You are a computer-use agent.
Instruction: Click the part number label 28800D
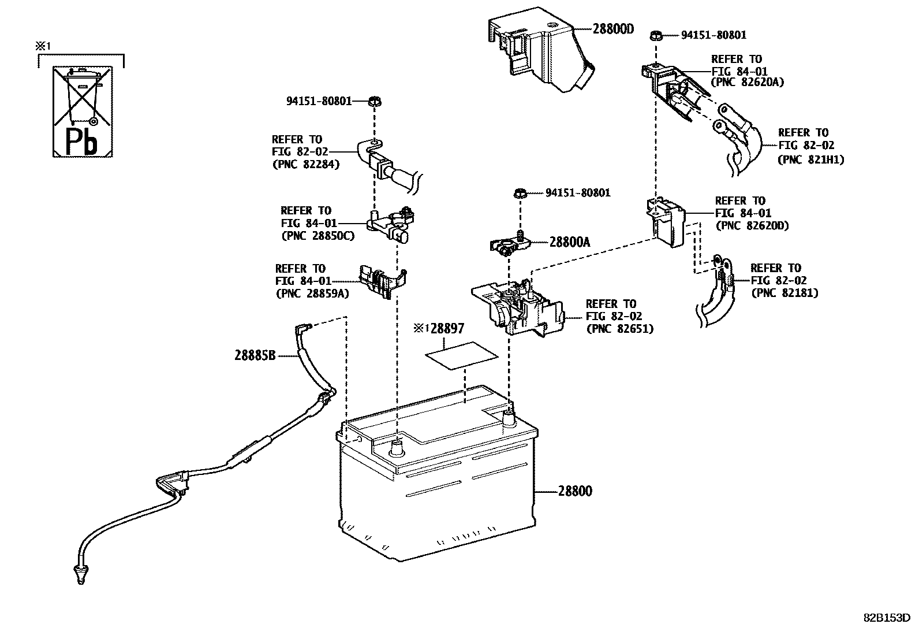[612, 29]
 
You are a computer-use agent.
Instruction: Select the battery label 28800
[575, 492]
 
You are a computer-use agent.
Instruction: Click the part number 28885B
[255, 356]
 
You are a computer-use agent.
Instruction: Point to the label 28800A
[569, 243]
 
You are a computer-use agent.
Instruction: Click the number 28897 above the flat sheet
[447, 329]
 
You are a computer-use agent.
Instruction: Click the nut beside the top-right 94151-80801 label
[655, 35]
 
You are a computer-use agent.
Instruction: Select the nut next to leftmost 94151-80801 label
[374, 102]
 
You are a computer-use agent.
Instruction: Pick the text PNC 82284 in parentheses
[306, 164]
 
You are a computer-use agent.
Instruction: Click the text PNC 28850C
[317, 236]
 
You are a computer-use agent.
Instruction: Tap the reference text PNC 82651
[620, 329]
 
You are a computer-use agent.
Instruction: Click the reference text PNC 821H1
[810, 160]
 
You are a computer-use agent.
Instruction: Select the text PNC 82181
[785, 293]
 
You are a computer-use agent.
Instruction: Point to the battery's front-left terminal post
[397, 447]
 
